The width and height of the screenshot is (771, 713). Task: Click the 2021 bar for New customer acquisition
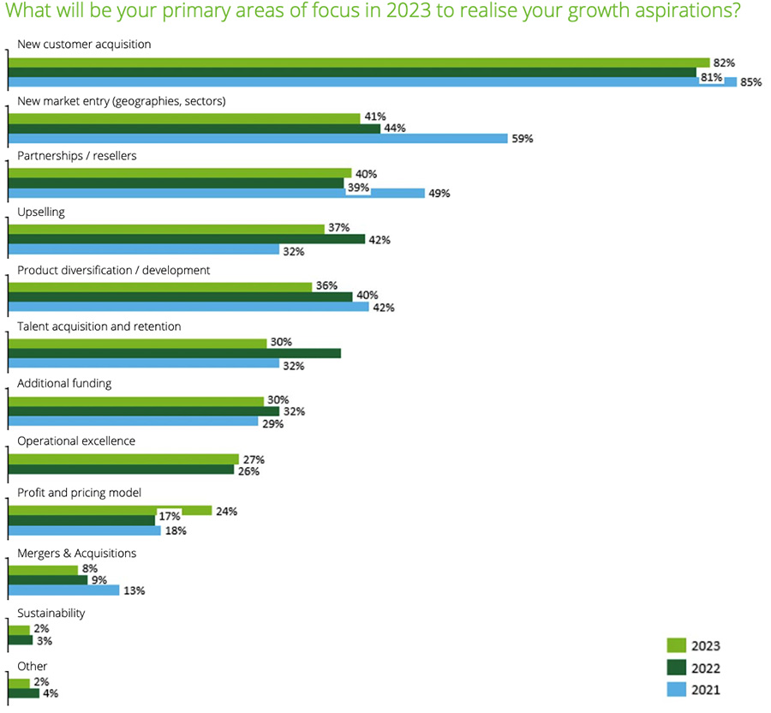(x=372, y=82)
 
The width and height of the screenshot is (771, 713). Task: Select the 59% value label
(x=523, y=138)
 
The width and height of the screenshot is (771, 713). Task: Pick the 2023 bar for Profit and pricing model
(x=110, y=511)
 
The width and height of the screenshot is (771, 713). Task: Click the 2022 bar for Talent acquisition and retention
(x=174, y=353)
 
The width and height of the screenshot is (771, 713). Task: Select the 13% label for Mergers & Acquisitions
(x=134, y=590)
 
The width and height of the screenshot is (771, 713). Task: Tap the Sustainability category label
(x=51, y=613)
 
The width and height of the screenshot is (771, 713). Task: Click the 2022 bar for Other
(x=23, y=692)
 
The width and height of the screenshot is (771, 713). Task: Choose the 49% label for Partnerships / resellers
(x=439, y=193)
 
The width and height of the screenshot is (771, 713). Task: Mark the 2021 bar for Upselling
(x=143, y=249)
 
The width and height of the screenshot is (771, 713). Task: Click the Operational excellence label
(x=76, y=440)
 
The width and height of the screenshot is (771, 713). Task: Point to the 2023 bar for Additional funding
(x=135, y=401)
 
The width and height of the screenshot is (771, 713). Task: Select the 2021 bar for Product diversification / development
(x=188, y=306)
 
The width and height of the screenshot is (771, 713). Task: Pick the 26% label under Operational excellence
(x=248, y=471)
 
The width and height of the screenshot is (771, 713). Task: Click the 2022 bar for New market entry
(x=194, y=129)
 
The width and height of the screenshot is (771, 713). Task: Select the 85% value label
(x=750, y=83)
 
